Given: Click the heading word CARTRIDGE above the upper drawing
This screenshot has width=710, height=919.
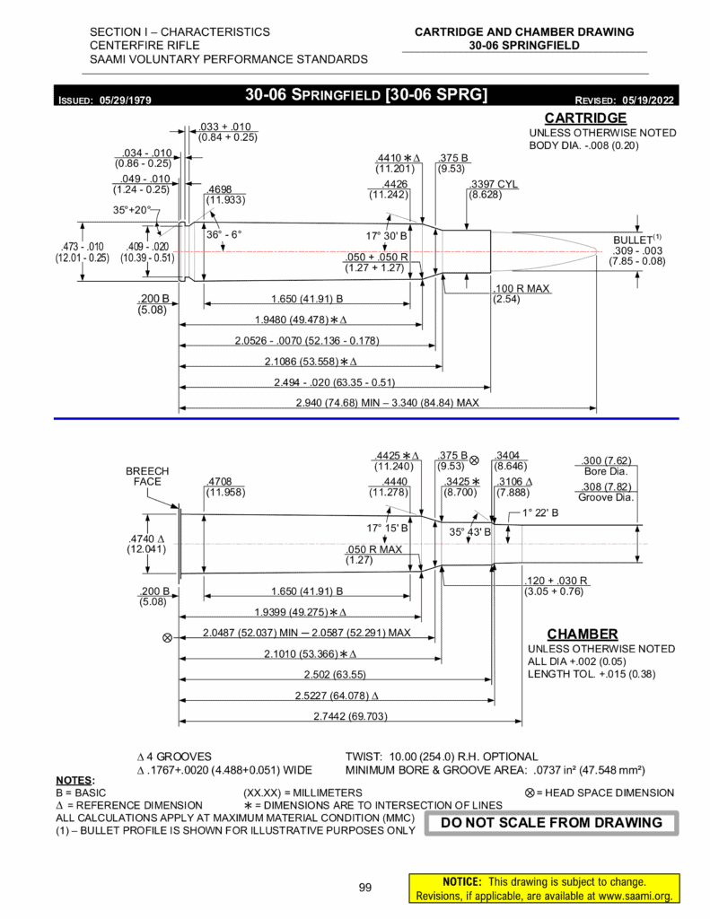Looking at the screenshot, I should tap(585, 118).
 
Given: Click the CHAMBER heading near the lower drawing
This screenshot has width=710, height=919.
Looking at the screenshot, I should tap(583, 634).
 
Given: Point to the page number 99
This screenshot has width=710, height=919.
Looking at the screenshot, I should tap(365, 888).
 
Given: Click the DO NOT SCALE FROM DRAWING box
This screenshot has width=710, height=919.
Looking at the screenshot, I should tap(553, 822).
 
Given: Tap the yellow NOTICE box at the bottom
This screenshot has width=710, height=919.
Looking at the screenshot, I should tap(541, 888).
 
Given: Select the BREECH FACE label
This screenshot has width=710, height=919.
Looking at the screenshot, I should tap(147, 476).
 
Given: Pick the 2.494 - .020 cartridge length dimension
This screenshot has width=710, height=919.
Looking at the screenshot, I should tap(335, 382).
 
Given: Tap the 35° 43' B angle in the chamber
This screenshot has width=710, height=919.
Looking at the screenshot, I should tap(469, 531).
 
